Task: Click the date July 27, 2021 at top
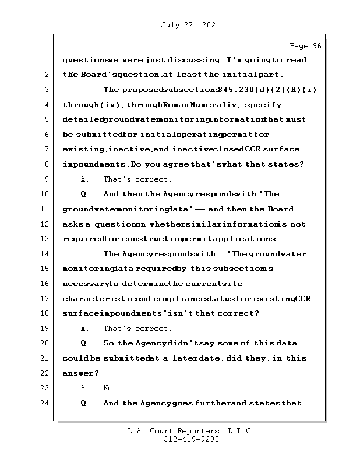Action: [189, 25]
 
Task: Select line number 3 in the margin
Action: [45, 90]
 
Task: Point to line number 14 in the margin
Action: [45, 254]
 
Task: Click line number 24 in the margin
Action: [45, 403]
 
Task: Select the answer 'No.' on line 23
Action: [110, 388]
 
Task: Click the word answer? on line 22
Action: [80, 373]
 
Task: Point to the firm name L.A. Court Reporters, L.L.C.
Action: [190, 432]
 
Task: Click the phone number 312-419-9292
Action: [191, 440]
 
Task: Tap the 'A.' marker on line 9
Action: [85, 179]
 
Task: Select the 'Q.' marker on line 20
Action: [85, 343]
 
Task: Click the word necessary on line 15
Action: [84, 284]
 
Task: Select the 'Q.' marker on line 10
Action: [85, 194]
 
